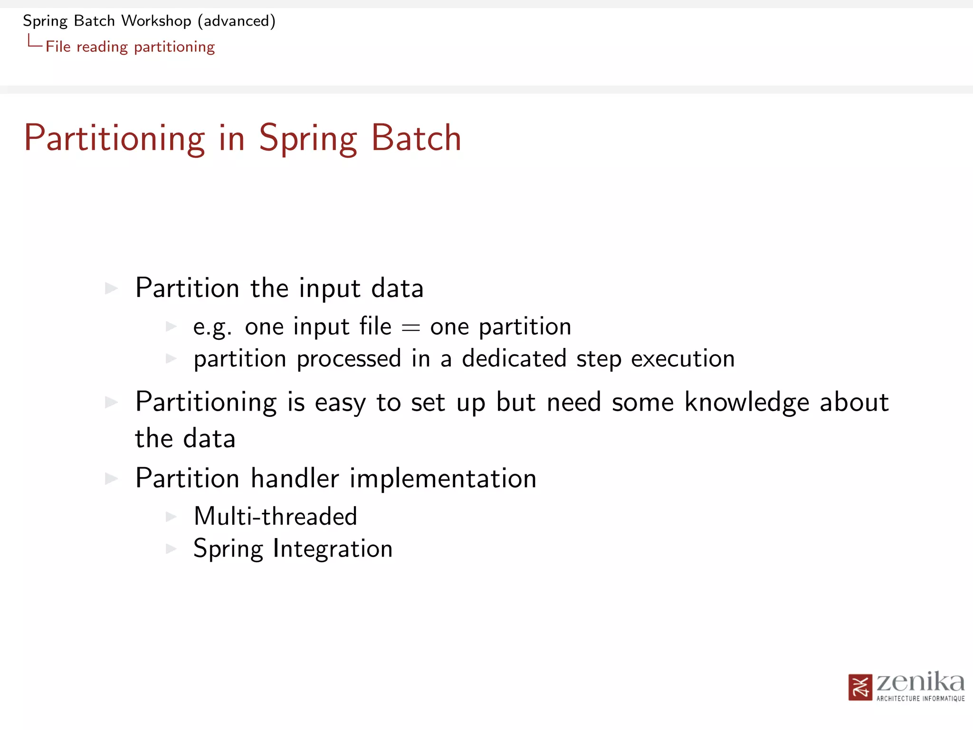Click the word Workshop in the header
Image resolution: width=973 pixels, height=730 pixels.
[x=156, y=21]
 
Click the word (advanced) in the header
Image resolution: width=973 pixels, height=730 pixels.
[x=237, y=21]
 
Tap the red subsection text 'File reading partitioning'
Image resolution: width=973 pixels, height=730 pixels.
[x=130, y=47]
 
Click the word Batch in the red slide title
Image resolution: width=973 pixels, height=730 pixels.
[x=416, y=138]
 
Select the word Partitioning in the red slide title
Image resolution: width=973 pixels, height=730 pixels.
[x=114, y=138]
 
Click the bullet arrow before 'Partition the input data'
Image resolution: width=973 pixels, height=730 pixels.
[x=111, y=288]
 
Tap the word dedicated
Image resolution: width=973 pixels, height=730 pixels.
[x=514, y=358]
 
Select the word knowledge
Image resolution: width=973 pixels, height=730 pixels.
[x=746, y=402]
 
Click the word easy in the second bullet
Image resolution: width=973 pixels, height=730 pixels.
[x=340, y=403]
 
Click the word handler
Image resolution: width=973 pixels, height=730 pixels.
[x=295, y=478]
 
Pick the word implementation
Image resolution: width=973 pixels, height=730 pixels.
[x=443, y=478]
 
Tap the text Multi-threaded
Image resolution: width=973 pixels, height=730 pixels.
[x=276, y=516]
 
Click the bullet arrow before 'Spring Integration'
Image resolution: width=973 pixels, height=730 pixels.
[x=171, y=549]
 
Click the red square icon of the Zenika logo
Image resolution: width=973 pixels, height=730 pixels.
[x=860, y=687]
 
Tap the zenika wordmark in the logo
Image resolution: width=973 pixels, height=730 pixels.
[x=920, y=682]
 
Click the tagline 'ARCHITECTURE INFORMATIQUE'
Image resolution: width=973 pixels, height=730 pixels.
[x=920, y=699]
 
